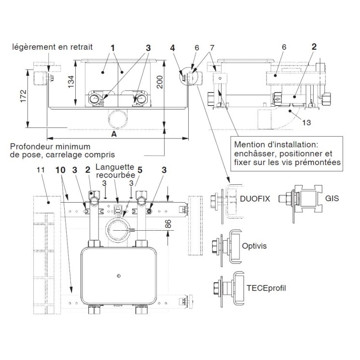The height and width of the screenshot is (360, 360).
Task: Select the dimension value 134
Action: [x=70, y=82]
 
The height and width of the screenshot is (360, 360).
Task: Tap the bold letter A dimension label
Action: [x=114, y=136]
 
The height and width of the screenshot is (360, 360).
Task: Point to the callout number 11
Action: [x=41, y=170]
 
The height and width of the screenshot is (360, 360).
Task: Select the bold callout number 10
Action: [x=59, y=170]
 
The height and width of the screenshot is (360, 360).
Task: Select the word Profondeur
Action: [x=33, y=146]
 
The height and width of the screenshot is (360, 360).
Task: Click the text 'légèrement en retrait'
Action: [x=53, y=47]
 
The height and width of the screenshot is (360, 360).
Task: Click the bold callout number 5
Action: [x=140, y=170]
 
